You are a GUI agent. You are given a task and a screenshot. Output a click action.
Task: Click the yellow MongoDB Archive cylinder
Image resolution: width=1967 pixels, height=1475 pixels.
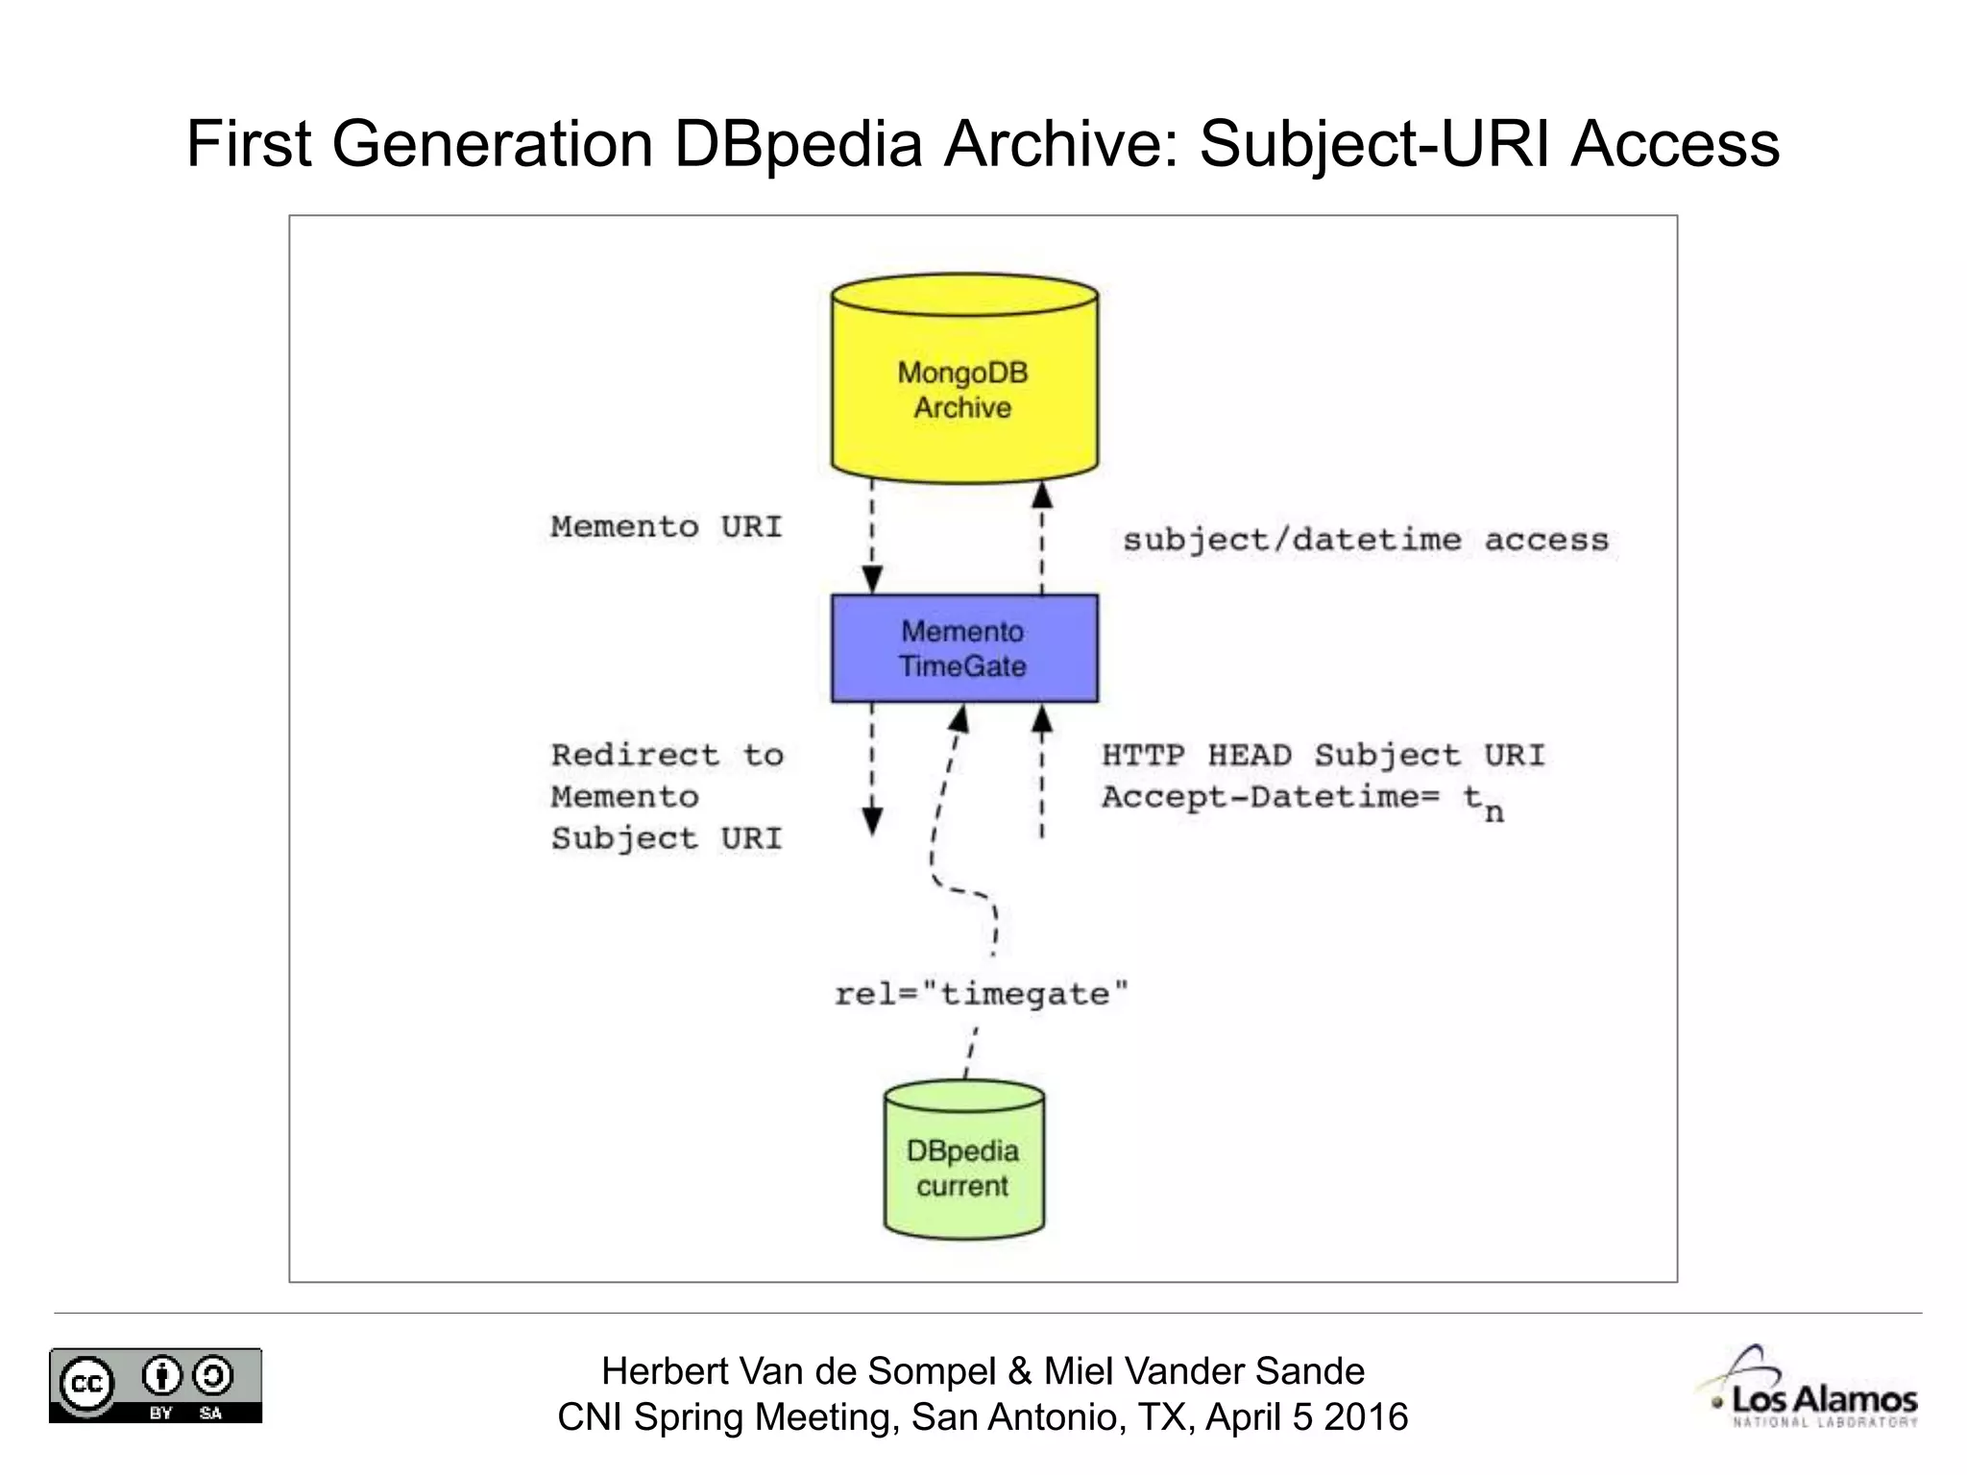[964, 384]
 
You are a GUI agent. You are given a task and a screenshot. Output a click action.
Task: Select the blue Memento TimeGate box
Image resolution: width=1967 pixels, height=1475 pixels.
[964, 648]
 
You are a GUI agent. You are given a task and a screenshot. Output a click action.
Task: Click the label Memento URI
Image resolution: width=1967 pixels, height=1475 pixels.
[667, 526]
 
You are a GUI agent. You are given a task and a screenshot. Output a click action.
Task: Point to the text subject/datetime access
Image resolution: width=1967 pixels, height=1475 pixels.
[1365, 540]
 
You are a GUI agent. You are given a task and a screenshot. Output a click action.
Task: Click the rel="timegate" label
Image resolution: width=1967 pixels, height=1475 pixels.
[981, 993]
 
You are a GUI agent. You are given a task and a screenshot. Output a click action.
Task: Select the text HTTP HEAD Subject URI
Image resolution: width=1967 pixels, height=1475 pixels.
[1323, 755]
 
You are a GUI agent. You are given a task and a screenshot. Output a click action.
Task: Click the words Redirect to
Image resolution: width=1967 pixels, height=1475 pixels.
[667, 755]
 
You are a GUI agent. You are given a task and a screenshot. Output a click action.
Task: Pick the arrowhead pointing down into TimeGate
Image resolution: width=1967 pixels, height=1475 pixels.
[872, 579]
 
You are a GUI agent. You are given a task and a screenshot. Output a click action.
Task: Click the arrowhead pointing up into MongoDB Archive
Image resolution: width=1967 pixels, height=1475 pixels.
[1042, 496]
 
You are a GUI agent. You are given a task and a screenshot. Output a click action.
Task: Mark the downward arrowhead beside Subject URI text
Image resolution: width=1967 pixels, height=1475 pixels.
[872, 820]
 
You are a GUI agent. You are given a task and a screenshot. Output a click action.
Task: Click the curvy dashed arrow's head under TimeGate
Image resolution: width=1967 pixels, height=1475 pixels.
[959, 718]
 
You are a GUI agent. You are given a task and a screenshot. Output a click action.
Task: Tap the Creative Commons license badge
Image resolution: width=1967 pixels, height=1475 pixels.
[156, 1385]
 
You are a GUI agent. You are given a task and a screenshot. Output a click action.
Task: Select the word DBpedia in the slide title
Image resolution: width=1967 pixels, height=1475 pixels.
[797, 144]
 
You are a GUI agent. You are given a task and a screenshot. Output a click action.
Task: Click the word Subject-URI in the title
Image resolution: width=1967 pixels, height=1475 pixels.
[1375, 144]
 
